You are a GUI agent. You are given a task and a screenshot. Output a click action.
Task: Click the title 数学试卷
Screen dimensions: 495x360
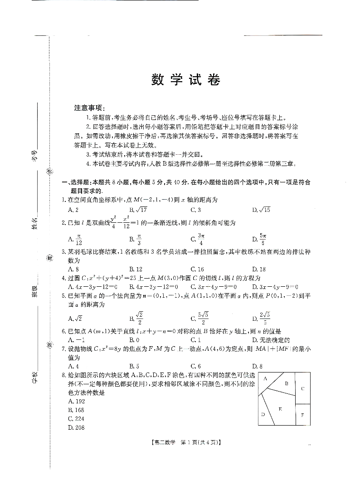(185, 80)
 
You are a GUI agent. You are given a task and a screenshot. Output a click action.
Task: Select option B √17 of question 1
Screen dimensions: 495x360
(138, 210)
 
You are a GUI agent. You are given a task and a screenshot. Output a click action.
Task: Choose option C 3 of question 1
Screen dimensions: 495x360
(196, 210)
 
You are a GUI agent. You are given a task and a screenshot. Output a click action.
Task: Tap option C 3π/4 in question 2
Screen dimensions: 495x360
(197, 239)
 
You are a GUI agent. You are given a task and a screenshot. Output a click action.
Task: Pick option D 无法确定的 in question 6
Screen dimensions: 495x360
(271, 340)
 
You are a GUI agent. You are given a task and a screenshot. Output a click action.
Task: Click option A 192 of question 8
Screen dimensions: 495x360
(76, 402)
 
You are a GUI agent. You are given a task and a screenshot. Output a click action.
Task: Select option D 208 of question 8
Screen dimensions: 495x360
(76, 427)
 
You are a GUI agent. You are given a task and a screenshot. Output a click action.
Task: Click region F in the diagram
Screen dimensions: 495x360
(302, 415)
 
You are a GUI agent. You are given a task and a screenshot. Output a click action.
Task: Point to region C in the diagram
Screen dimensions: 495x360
(302, 388)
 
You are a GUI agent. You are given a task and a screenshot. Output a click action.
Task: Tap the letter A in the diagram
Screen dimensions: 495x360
(265, 378)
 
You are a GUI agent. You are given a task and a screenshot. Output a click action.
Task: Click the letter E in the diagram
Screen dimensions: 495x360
(280, 409)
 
